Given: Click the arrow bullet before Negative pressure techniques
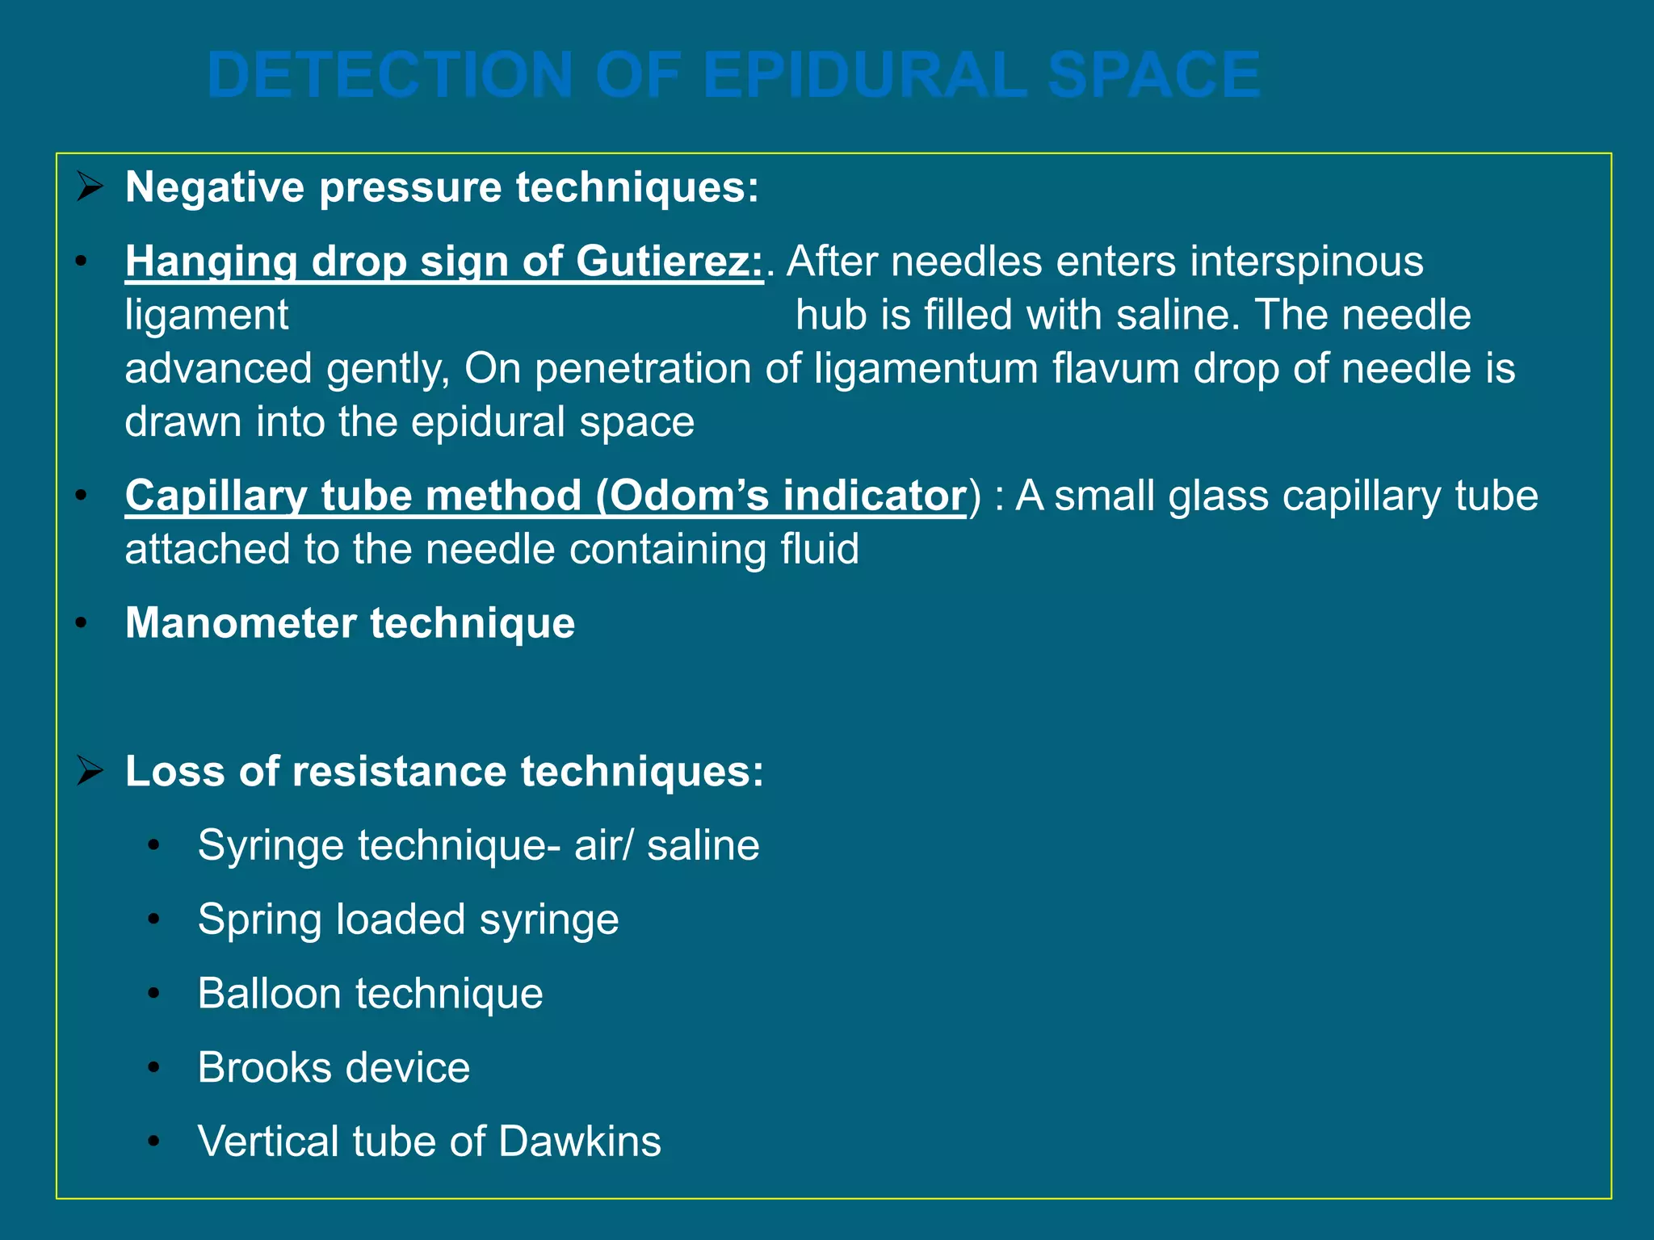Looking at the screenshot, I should tap(90, 187).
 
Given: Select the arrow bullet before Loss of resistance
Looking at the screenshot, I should tap(90, 771).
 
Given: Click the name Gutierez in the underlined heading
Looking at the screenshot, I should tap(669, 262).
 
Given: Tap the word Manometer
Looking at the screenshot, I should tap(241, 623).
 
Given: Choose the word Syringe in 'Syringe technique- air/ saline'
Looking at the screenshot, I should tap(271, 846).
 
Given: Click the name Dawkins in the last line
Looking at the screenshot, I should tap(580, 1142).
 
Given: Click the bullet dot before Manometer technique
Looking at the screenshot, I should tap(81, 624).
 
